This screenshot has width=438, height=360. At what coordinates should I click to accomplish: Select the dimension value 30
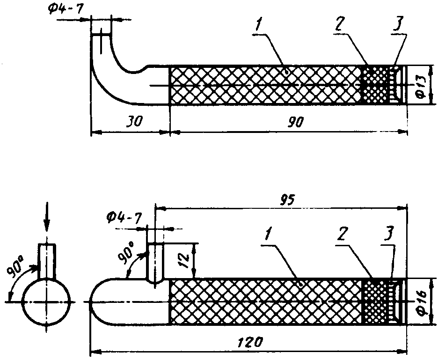pos(134,121)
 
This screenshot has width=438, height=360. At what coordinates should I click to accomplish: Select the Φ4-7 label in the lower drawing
pos(124,217)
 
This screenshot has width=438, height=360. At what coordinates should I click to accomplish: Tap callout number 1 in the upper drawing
pos(258,25)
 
